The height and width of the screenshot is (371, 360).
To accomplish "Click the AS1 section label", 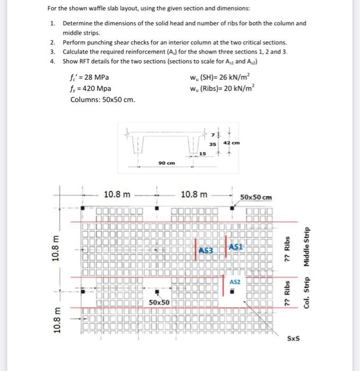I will [237, 248].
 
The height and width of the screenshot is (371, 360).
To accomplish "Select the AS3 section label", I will [207, 250].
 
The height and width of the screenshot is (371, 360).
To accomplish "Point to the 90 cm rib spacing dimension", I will [166, 163].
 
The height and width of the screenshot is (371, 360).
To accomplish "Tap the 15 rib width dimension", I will [203, 154].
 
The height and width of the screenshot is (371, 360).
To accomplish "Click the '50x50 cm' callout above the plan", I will [256, 197].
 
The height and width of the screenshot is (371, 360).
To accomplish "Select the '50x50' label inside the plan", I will [159, 302].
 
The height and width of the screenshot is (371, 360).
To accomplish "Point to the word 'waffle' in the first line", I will [100, 9].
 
